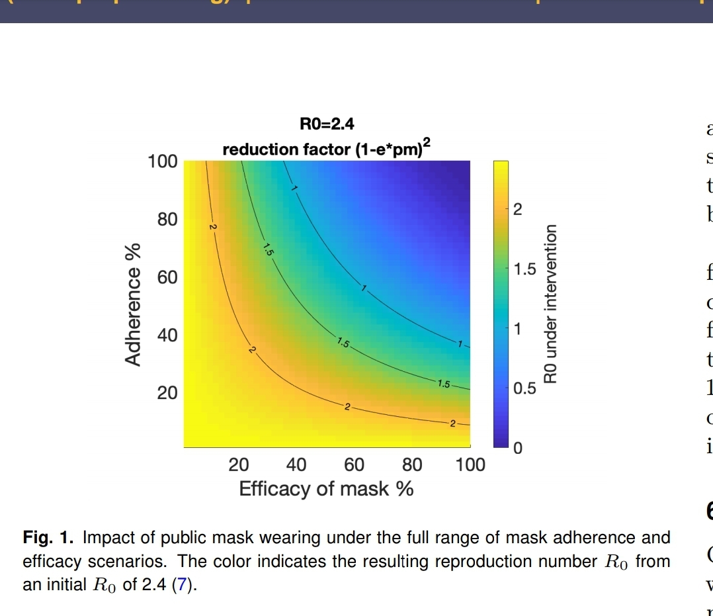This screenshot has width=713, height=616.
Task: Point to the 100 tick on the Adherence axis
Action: click(x=163, y=161)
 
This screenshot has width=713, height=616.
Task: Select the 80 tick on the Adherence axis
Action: click(x=167, y=219)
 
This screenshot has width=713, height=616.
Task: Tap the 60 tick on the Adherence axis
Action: click(x=167, y=277)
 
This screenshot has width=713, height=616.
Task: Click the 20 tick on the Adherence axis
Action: click(x=167, y=393)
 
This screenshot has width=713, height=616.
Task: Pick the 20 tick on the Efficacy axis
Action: click(x=238, y=465)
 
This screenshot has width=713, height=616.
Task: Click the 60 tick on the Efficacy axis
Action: click(x=354, y=465)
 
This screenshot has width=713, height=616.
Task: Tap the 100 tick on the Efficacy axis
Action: click(x=470, y=465)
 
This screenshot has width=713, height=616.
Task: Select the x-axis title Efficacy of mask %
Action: click(x=326, y=489)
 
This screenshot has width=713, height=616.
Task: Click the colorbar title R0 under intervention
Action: click(x=550, y=304)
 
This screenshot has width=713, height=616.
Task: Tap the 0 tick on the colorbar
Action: click(x=518, y=449)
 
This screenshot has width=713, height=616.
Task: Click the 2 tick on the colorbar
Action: click(x=518, y=211)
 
